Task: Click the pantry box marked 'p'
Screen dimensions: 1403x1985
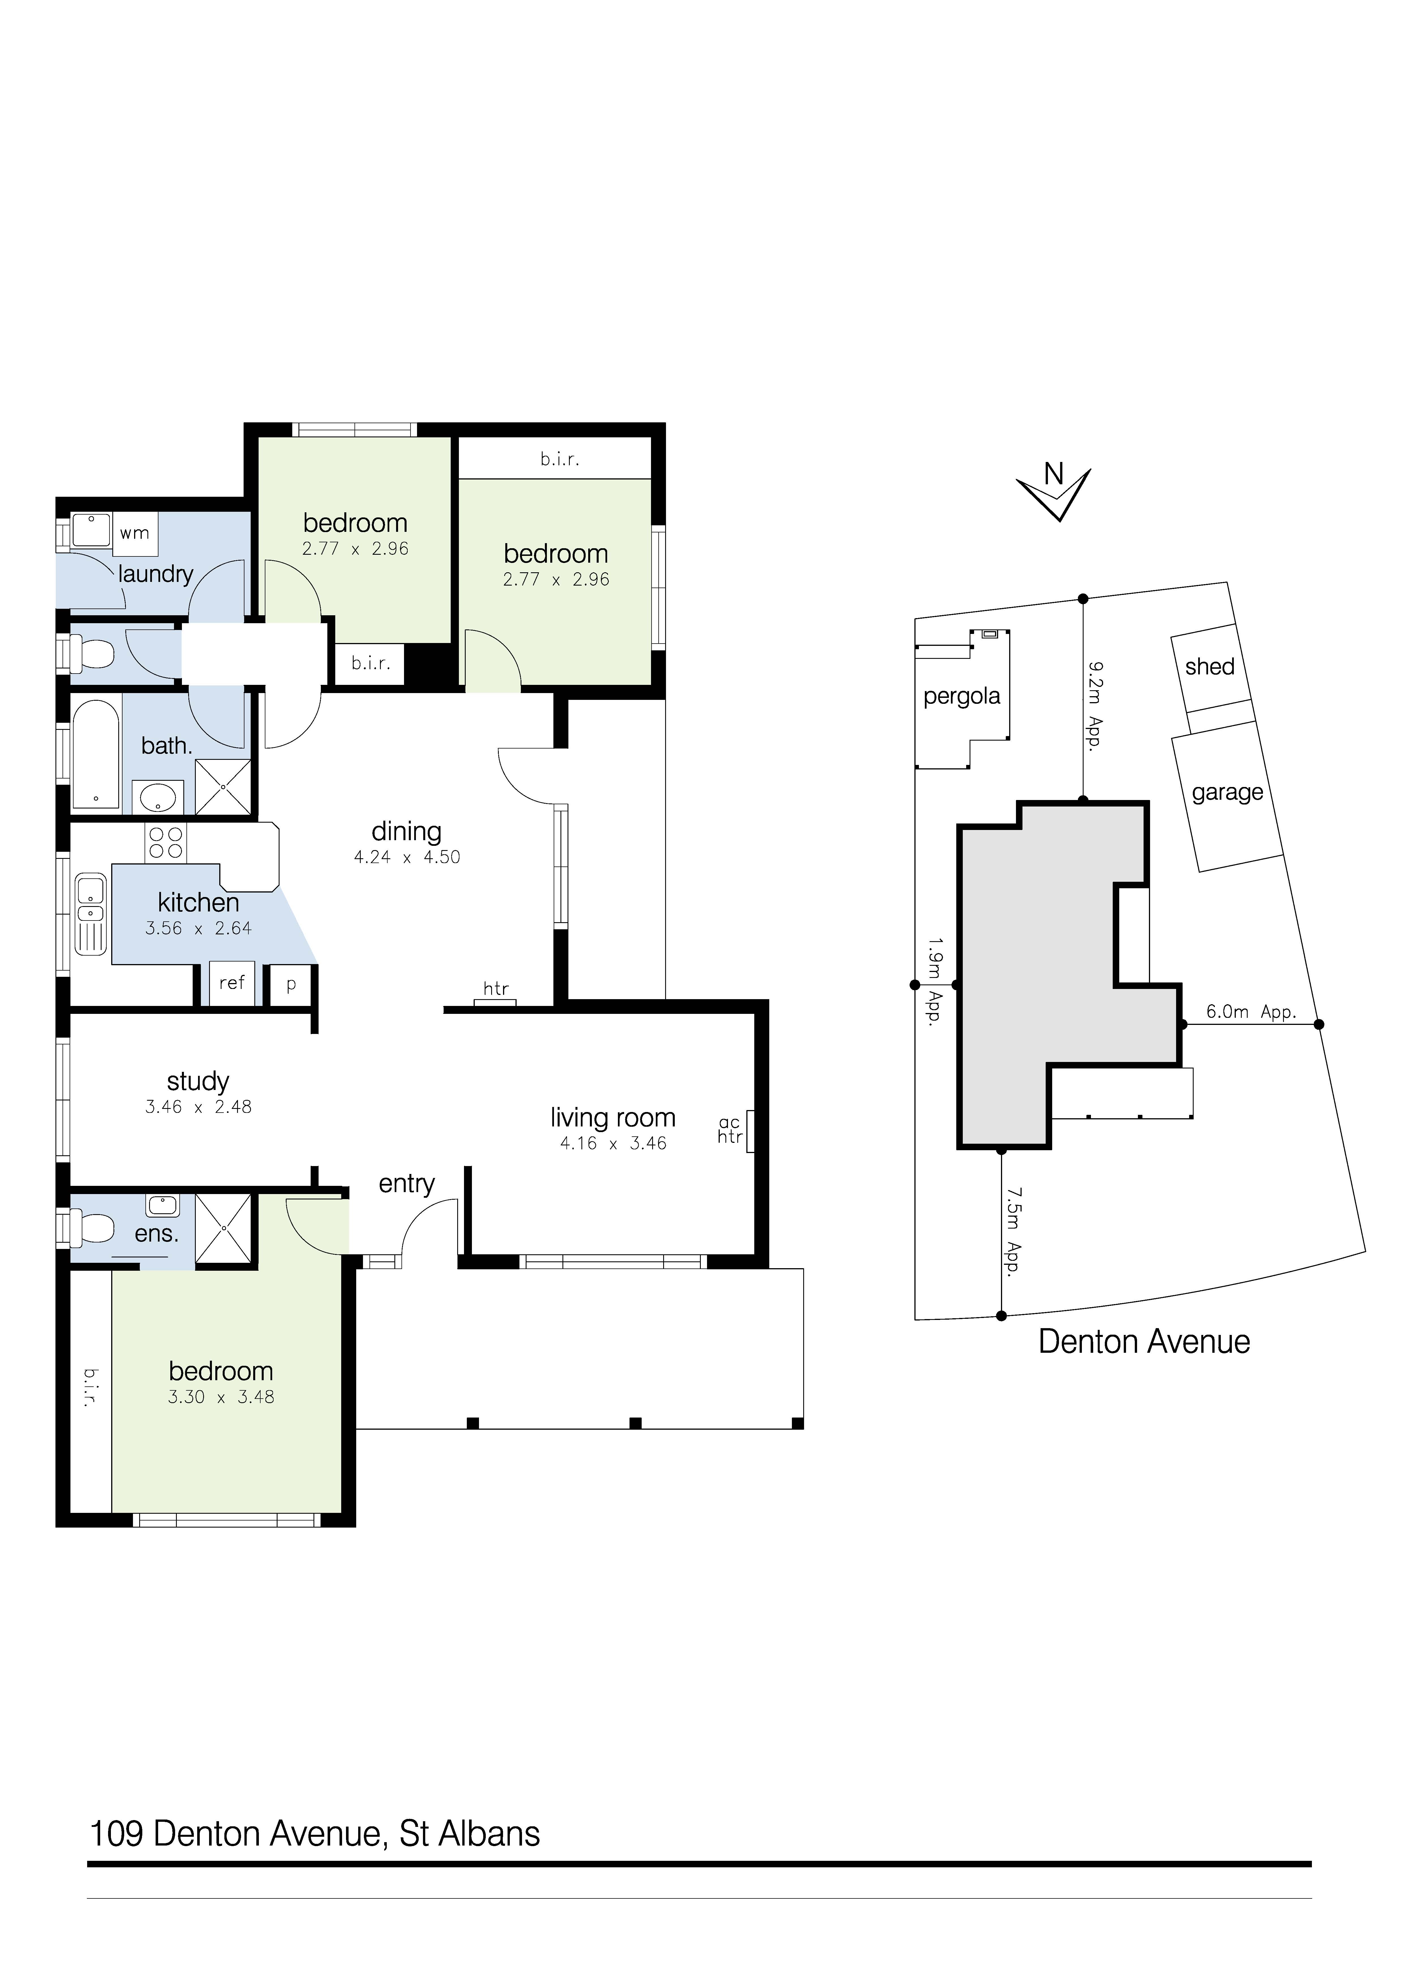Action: [291, 985]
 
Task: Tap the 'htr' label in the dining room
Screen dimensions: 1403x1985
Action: [496, 988]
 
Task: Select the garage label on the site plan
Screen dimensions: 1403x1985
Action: [1228, 793]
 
